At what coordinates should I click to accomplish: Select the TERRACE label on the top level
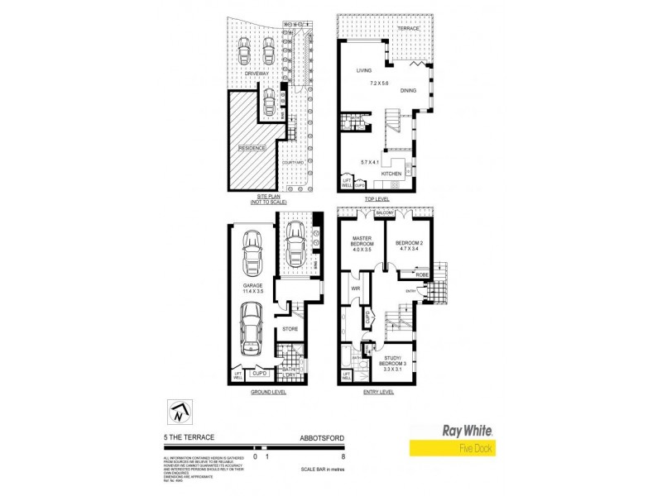point(408,29)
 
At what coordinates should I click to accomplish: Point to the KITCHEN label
point(391,173)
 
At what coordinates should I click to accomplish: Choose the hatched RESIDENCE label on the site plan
point(252,148)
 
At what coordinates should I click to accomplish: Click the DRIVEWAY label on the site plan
point(258,74)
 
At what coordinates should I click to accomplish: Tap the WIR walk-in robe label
point(354,289)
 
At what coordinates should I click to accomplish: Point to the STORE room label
point(289,329)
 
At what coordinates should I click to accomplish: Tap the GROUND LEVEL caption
point(267,392)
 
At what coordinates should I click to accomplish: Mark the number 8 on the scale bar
point(342,455)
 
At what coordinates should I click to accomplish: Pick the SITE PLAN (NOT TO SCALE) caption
point(256,198)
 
